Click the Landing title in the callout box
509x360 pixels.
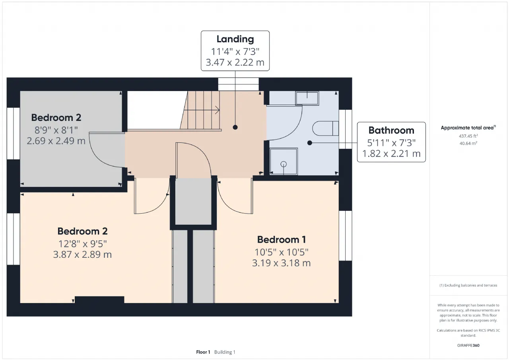point(235,39)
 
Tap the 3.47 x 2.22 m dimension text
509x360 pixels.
point(235,62)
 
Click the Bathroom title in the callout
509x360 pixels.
point(391,130)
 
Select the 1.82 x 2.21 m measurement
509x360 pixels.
point(391,154)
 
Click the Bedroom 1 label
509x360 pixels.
point(281,239)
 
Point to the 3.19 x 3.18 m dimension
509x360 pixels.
point(281,263)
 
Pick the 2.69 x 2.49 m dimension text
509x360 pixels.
point(56,141)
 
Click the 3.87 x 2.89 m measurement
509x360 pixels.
point(82,254)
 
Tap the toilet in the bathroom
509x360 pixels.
point(325,128)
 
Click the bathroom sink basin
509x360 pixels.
point(307,98)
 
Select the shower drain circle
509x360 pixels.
point(284,164)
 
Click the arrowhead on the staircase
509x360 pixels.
point(218,110)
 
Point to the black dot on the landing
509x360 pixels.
point(235,127)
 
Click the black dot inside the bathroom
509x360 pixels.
point(309,143)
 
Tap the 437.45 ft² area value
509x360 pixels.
point(468,136)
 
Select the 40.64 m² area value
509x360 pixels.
point(468,143)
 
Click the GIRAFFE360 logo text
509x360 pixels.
point(468,345)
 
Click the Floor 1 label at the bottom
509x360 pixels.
point(203,352)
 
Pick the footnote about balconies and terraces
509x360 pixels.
point(468,285)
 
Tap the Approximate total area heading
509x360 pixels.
point(468,128)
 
